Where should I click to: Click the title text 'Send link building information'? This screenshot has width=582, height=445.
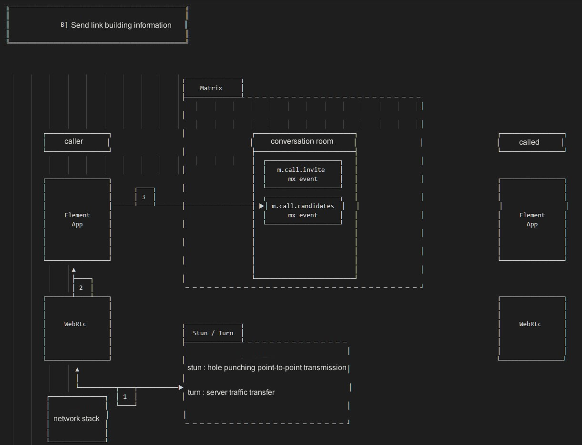pos(121,25)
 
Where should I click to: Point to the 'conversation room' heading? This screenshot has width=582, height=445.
pos(302,141)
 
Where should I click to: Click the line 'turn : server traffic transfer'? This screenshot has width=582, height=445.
pos(231,392)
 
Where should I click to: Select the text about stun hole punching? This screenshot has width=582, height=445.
pos(267,368)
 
